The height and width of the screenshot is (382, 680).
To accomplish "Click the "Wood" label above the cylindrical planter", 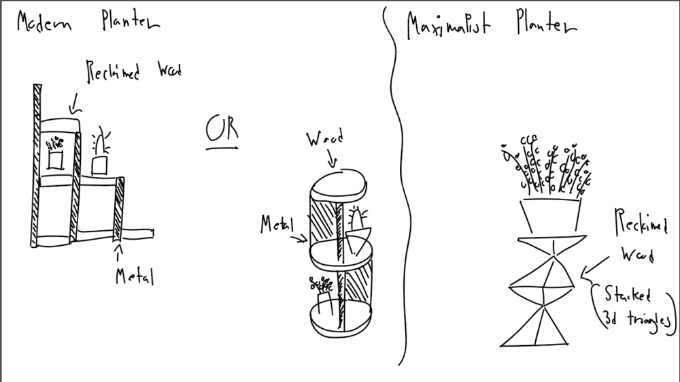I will (324, 140).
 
